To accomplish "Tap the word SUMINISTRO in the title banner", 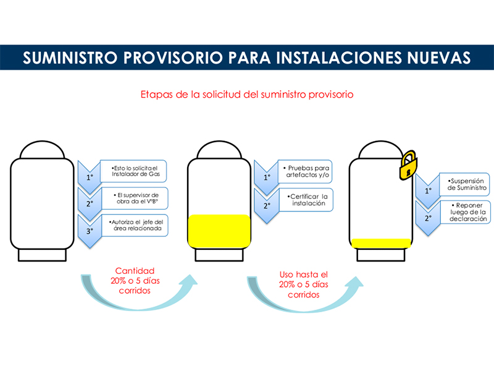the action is coord(70,58).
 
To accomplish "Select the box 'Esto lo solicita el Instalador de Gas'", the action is coord(133,171).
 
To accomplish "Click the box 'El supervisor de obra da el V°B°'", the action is coord(135,198).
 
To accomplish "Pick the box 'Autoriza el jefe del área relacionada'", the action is coord(135,225).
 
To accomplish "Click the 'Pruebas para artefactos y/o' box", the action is coord(305,172).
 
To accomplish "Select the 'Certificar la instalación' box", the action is coord(306,200).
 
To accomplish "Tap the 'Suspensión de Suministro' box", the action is coord(465,184).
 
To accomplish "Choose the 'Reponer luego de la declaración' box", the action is coord(466,212).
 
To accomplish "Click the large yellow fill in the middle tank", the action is coord(219,231).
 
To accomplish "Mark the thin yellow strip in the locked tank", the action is coord(381,243).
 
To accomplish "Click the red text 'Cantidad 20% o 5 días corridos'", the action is coord(135,281).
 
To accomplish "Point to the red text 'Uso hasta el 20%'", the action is coord(304,279).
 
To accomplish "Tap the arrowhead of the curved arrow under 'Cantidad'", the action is coord(189,280).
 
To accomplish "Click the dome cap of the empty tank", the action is coord(42,150).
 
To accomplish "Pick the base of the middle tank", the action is coord(219,255).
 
